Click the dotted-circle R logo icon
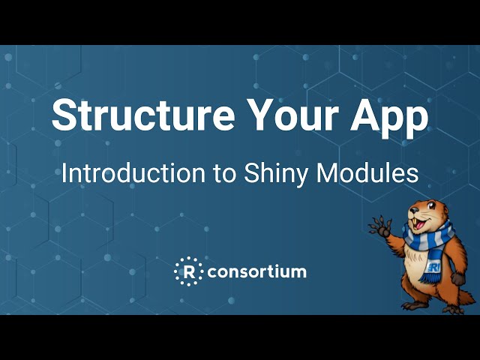click(188, 271)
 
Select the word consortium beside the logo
click(256, 271)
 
